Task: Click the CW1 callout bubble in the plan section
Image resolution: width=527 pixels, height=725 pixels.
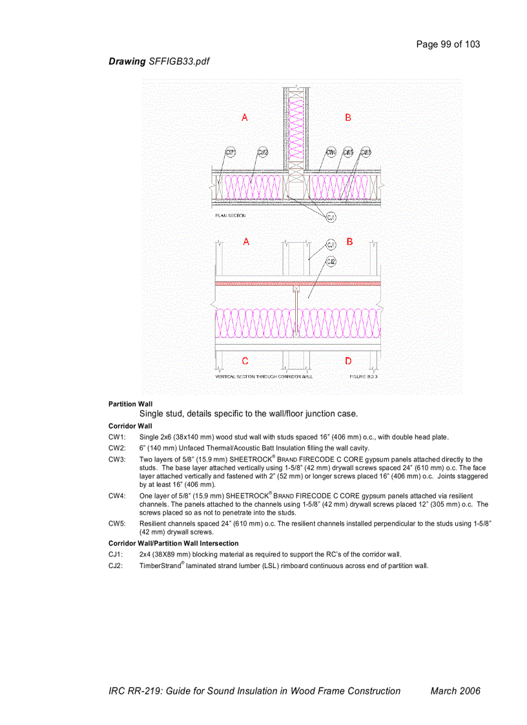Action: tap(230, 152)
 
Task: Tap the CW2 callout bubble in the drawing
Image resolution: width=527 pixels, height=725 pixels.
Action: tap(263, 152)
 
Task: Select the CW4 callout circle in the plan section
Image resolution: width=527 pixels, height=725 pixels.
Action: tap(331, 152)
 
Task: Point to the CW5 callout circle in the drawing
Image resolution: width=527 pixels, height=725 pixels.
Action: tap(348, 152)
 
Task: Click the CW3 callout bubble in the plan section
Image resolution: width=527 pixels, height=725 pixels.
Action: tap(366, 152)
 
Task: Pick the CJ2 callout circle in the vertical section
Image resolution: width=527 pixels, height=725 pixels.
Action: tap(331, 261)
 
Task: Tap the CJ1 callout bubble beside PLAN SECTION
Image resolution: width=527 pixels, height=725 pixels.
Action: tap(331, 217)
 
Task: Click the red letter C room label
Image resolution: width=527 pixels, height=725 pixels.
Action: tap(245, 361)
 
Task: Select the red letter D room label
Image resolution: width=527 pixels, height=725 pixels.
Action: tap(349, 361)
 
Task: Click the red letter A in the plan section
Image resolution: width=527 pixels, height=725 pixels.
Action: tap(245, 117)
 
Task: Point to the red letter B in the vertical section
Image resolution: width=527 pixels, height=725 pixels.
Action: tap(349, 241)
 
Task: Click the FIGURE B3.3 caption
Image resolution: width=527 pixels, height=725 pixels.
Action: tap(364, 376)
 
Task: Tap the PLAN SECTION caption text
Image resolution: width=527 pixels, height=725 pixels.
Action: tap(230, 216)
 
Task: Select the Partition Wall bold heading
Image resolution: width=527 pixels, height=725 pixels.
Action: tap(130, 404)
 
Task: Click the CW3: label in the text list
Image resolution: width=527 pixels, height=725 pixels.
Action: tap(117, 460)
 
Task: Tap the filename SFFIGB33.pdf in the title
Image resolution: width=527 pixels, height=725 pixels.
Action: tap(179, 61)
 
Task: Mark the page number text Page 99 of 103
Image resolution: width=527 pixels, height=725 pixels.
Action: tap(448, 44)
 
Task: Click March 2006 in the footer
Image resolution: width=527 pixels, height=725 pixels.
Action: tap(455, 691)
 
